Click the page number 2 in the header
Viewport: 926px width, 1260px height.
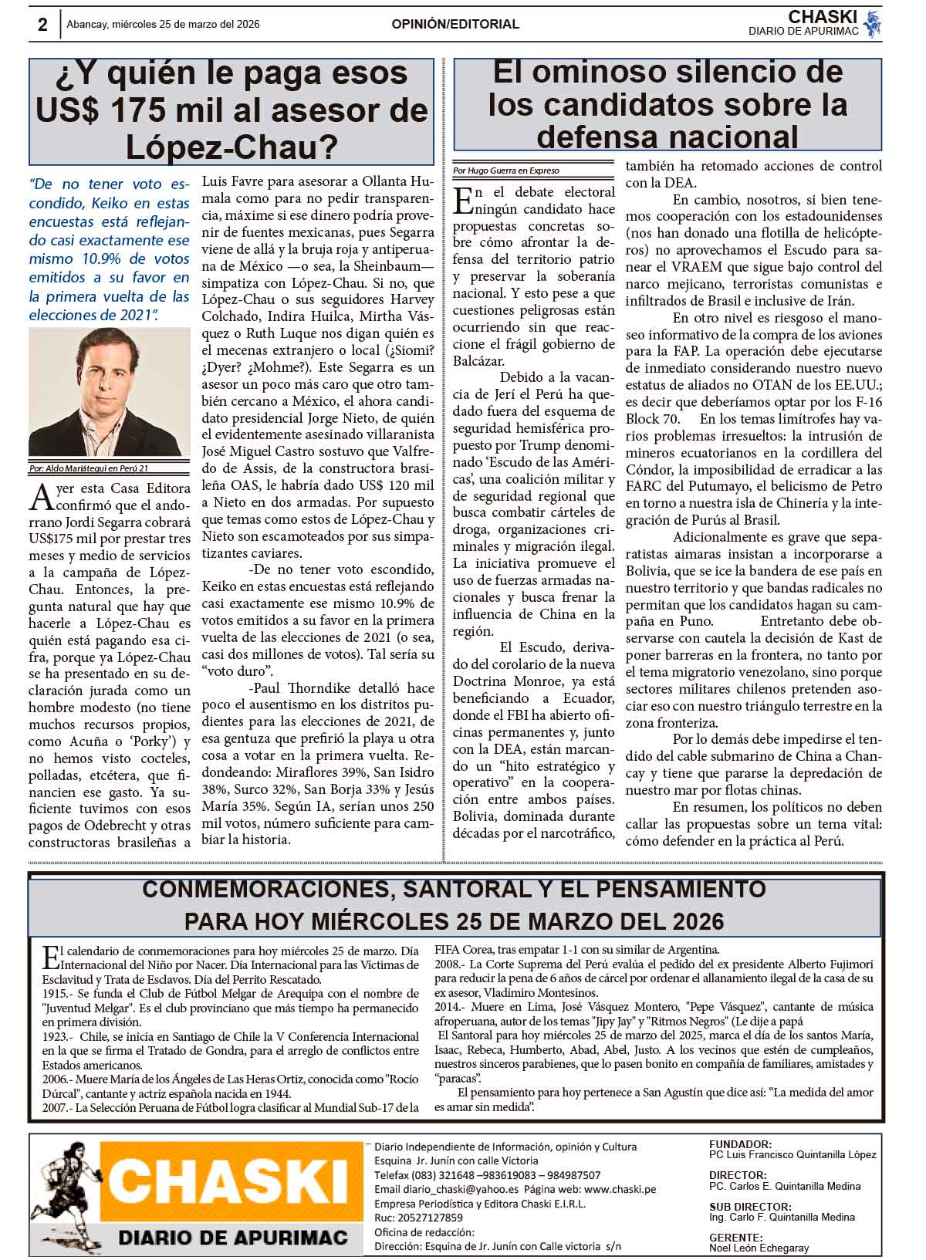pyautogui.click(x=42, y=25)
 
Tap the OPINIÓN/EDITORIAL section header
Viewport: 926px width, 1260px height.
pyautogui.click(x=455, y=24)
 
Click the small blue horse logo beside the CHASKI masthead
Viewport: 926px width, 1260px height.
pyautogui.click(x=872, y=24)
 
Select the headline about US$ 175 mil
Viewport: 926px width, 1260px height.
pyautogui.click(x=231, y=110)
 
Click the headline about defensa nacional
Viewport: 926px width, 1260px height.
pyautogui.click(x=667, y=104)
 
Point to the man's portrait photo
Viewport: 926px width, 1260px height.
pyautogui.click(x=109, y=392)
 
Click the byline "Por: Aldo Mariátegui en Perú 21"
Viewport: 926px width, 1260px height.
pyautogui.click(x=88, y=468)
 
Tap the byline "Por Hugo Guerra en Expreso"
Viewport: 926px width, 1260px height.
pyautogui.click(x=506, y=171)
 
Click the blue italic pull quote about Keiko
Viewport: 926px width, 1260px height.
pyautogui.click(x=109, y=249)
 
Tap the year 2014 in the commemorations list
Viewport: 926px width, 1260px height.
pyautogui.click(x=448, y=1007)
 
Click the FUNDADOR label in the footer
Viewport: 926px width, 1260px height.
pyautogui.click(x=739, y=1144)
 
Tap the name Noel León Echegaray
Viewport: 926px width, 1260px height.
pyautogui.click(x=759, y=1248)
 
